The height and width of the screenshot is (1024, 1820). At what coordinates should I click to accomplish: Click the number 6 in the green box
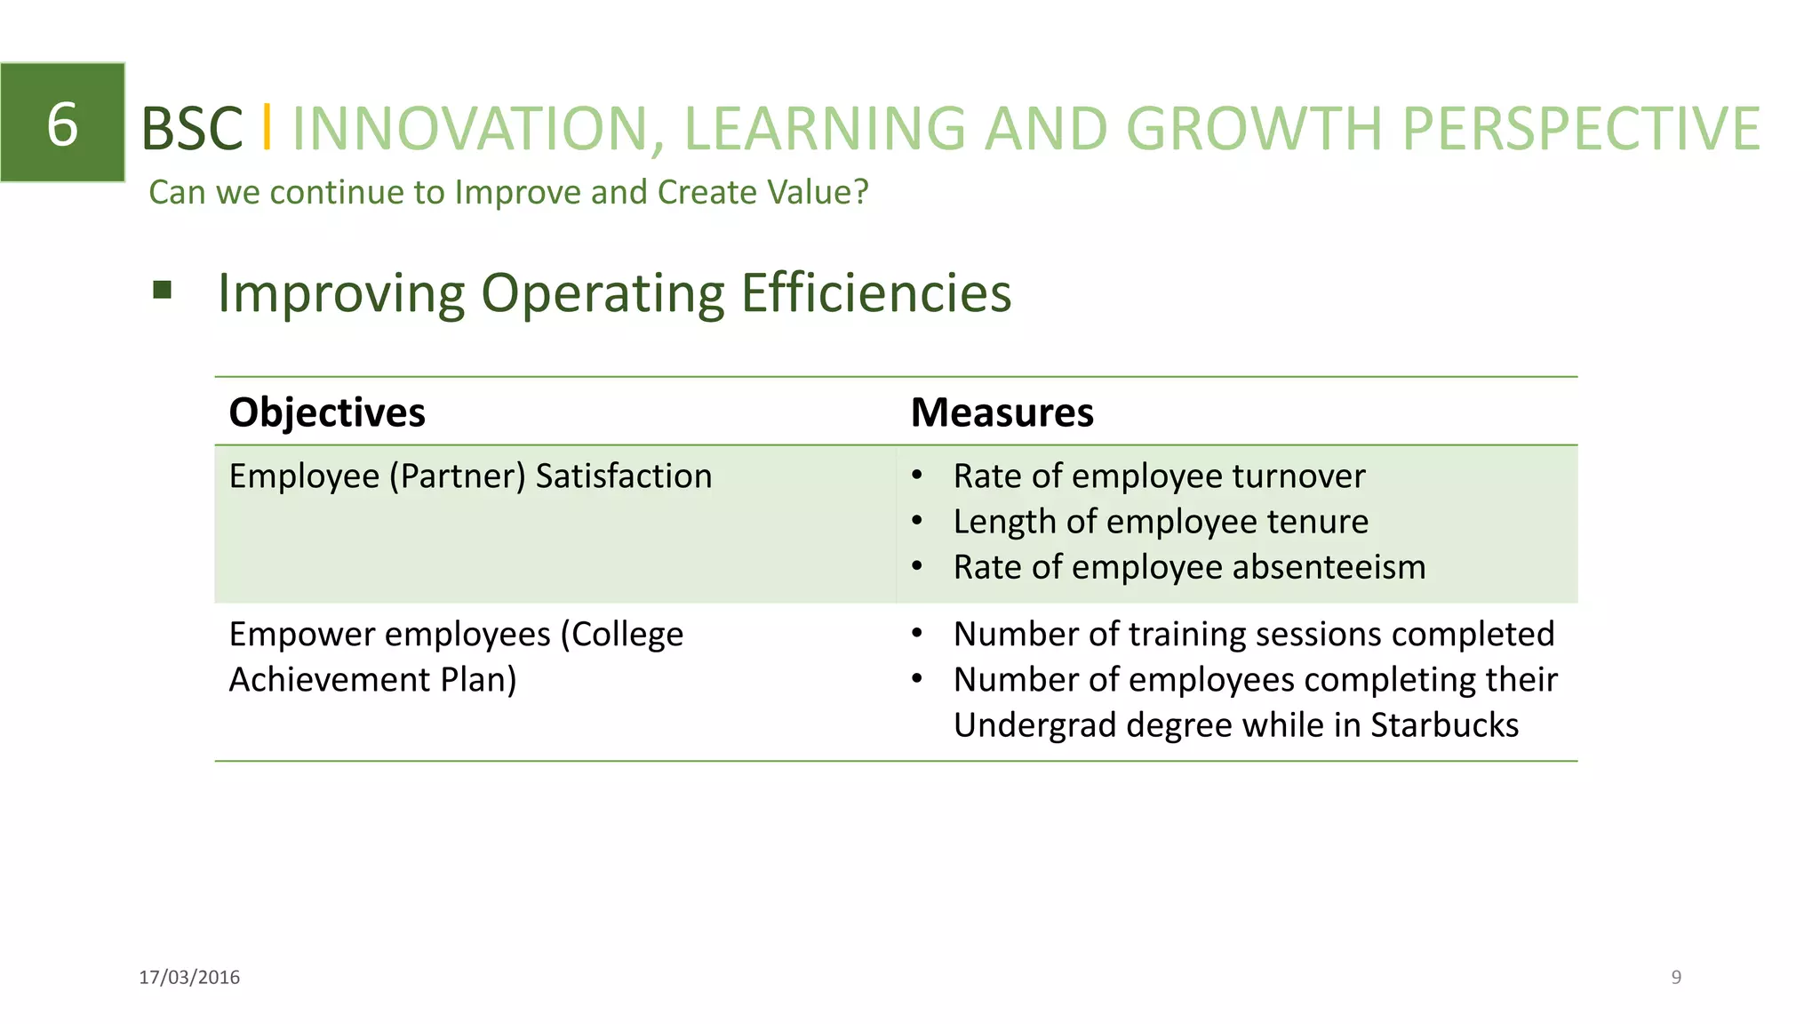point(62,124)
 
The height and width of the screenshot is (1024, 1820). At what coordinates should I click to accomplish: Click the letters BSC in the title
point(192,129)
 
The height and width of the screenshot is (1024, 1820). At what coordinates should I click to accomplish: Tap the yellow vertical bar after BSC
point(266,127)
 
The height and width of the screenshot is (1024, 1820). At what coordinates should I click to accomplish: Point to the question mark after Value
point(860,192)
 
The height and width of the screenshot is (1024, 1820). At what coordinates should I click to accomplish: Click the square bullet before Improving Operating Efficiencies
point(162,290)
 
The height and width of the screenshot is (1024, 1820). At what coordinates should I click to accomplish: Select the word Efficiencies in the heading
point(875,292)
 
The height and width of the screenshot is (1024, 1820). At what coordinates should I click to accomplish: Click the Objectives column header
point(327,412)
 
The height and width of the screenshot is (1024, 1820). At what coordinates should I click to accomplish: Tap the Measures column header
point(1002,412)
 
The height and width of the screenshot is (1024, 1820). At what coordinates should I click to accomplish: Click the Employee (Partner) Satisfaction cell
point(470,476)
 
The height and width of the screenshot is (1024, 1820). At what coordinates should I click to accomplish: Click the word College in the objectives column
point(627,635)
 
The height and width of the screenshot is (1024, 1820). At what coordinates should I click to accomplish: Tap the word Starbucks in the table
point(1444,725)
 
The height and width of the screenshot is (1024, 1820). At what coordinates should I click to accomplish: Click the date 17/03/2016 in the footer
point(189,977)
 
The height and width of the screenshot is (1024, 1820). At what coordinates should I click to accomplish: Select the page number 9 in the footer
point(1676,977)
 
